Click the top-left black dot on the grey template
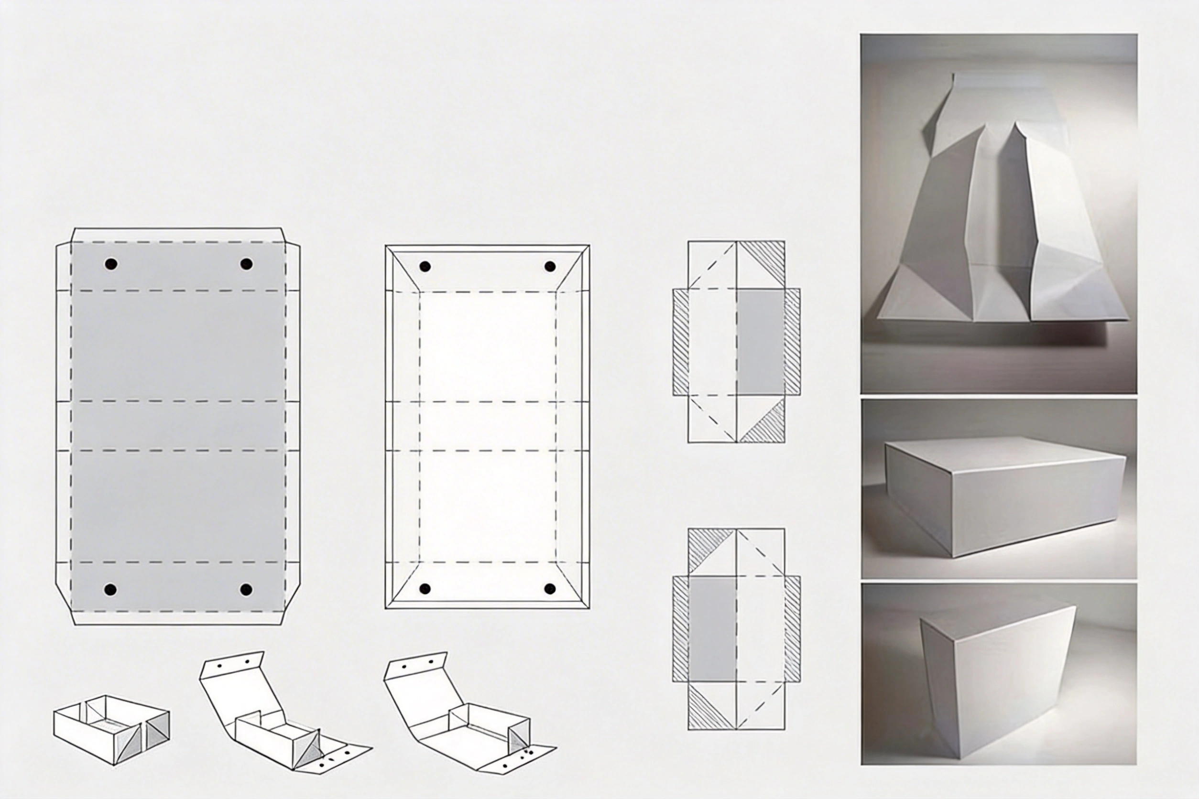111,264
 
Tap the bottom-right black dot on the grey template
246,590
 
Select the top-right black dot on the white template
550,266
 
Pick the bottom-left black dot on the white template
425,589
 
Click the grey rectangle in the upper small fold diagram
761,343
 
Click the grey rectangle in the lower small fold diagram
712,629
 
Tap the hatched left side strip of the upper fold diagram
681,343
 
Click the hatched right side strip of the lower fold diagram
792,629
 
